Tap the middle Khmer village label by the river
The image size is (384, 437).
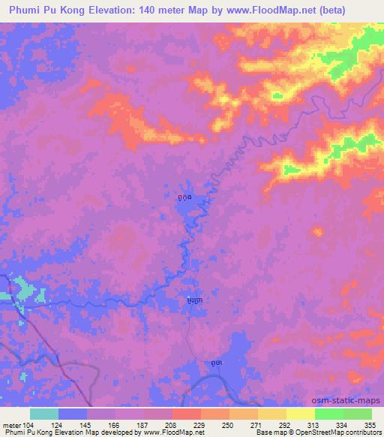194,300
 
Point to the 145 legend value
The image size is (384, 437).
87,425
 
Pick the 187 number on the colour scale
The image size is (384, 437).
143,425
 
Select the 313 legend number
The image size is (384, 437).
314,425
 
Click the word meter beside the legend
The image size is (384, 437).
10,425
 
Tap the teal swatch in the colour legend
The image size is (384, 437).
44,414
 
